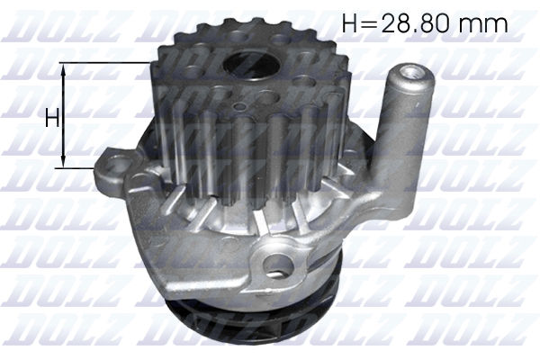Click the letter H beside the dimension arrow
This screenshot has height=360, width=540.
(x=52, y=117)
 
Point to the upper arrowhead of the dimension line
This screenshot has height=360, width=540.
(x=63, y=69)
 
